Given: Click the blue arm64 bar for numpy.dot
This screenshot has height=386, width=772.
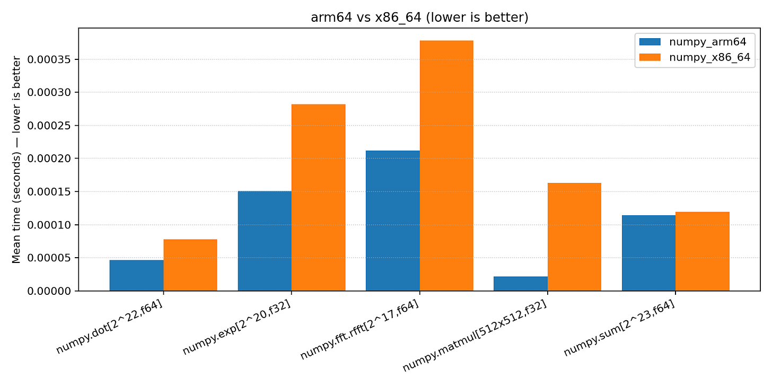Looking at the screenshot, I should tap(136, 275).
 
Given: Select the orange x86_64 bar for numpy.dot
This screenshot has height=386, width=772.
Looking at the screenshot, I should tap(190, 265).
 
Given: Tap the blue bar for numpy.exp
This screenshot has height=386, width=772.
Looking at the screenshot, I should tap(265, 241).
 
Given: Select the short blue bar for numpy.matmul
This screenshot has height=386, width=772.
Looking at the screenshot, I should tap(521, 284).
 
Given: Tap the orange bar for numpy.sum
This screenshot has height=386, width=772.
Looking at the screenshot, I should tap(702, 251).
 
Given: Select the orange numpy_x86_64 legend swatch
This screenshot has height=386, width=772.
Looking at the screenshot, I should tap(650, 58).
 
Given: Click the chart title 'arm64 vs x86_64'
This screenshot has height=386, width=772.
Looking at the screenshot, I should tap(419, 17).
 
